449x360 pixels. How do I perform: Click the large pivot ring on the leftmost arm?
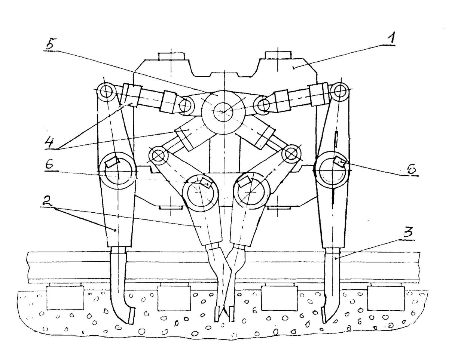coord(117,170)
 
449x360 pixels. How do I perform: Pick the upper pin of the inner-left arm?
coord(158,154)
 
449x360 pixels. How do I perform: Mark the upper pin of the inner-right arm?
coord(290,154)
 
